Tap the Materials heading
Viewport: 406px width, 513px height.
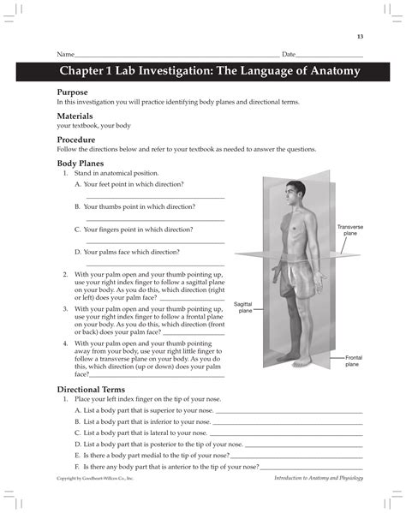point(75,115)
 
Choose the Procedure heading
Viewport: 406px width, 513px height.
point(76,139)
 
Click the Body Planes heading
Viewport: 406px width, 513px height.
point(82,162)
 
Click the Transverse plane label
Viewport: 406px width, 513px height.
point(350,230)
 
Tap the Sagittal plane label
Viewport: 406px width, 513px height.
point(244,307)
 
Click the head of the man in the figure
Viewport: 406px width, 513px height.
point(291,191)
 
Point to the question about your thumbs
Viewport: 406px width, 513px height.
point(134,206)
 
